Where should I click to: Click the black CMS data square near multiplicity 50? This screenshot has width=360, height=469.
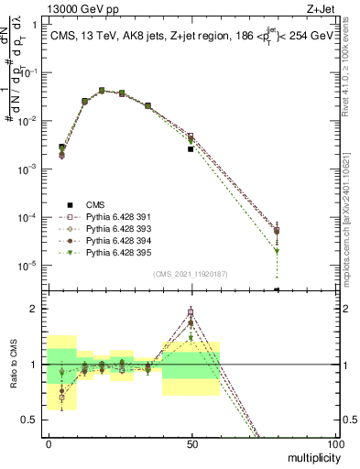point(191,148)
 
